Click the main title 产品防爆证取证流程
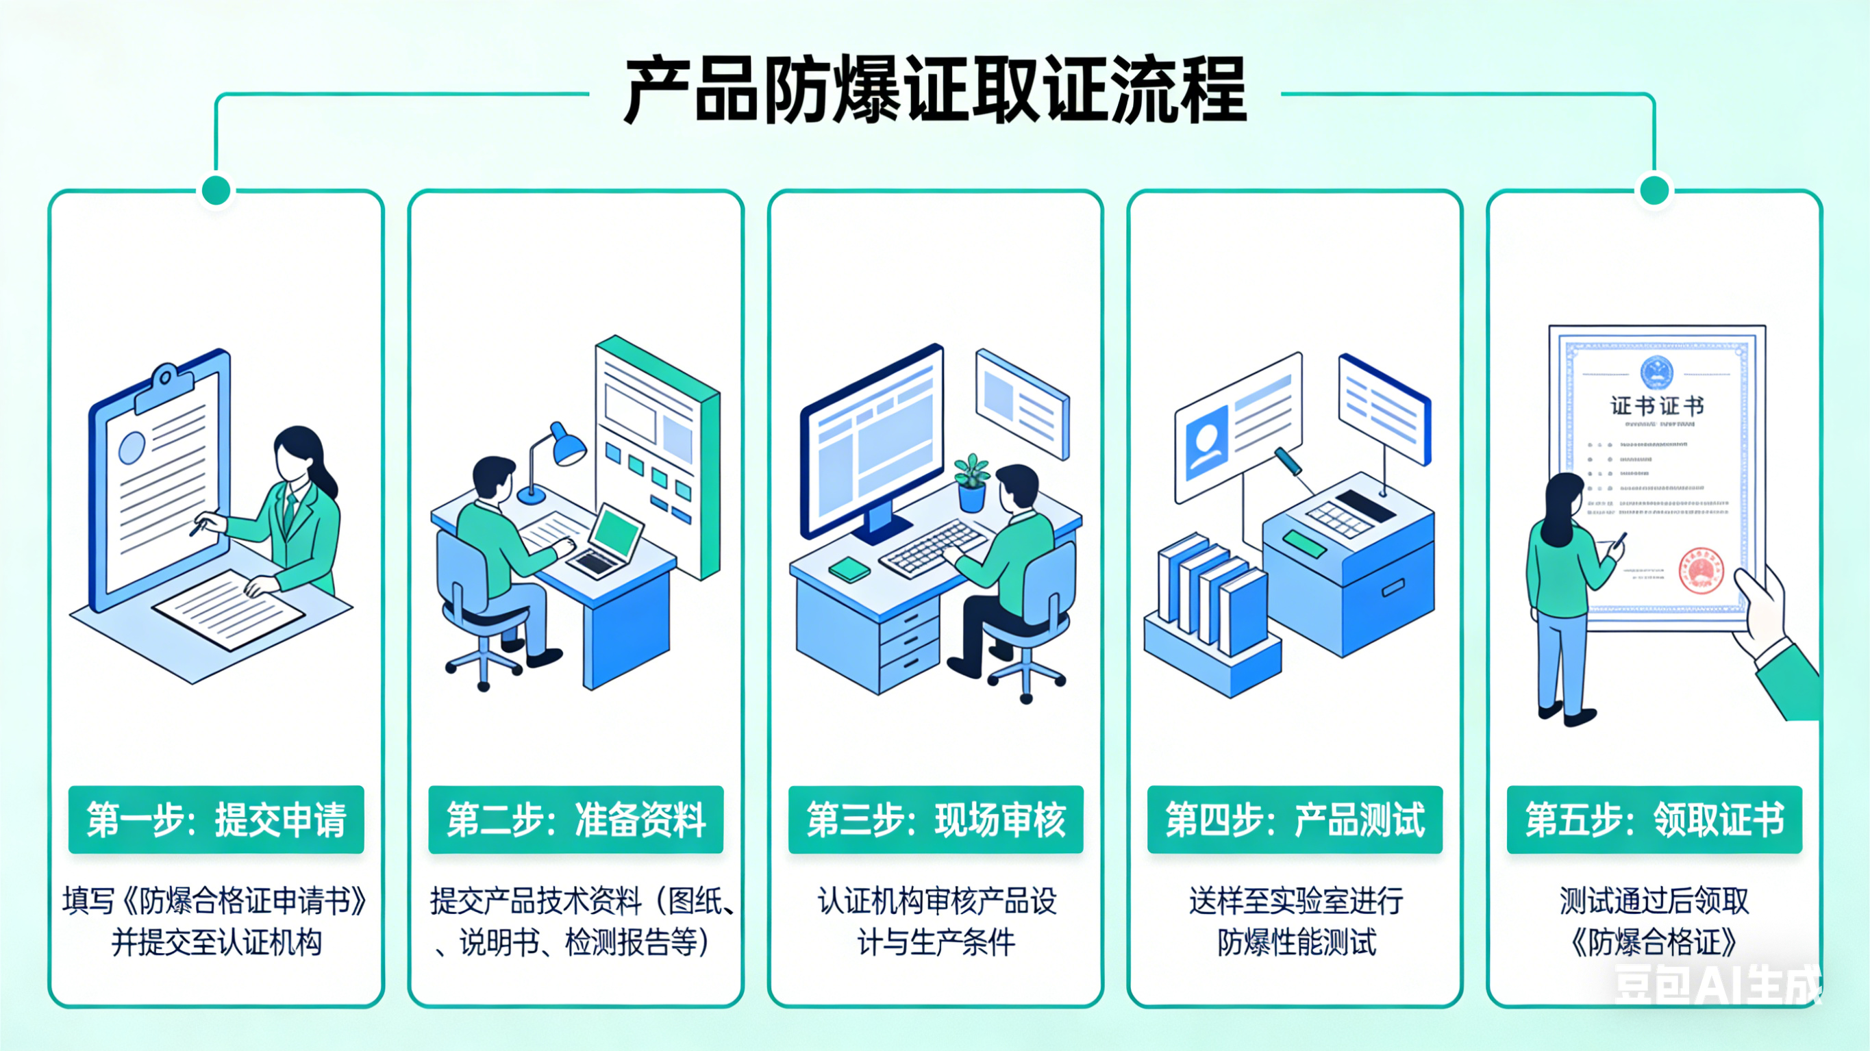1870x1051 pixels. (935, 92)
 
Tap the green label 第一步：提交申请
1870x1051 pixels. (216, 820)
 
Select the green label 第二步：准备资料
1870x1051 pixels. (575, 820)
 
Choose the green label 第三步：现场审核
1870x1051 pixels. (936, 820)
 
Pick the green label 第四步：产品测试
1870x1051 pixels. (1295, 820)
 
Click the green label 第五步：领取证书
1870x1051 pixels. (1654, 820)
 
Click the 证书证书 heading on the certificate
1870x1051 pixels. (1656, 405)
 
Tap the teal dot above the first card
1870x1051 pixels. (216, 191)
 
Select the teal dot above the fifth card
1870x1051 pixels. (1654, 191)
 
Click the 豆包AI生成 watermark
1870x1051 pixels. (1717, 985)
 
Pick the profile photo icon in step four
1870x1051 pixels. (1206, 444)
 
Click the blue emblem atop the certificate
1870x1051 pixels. (1656, 372)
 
